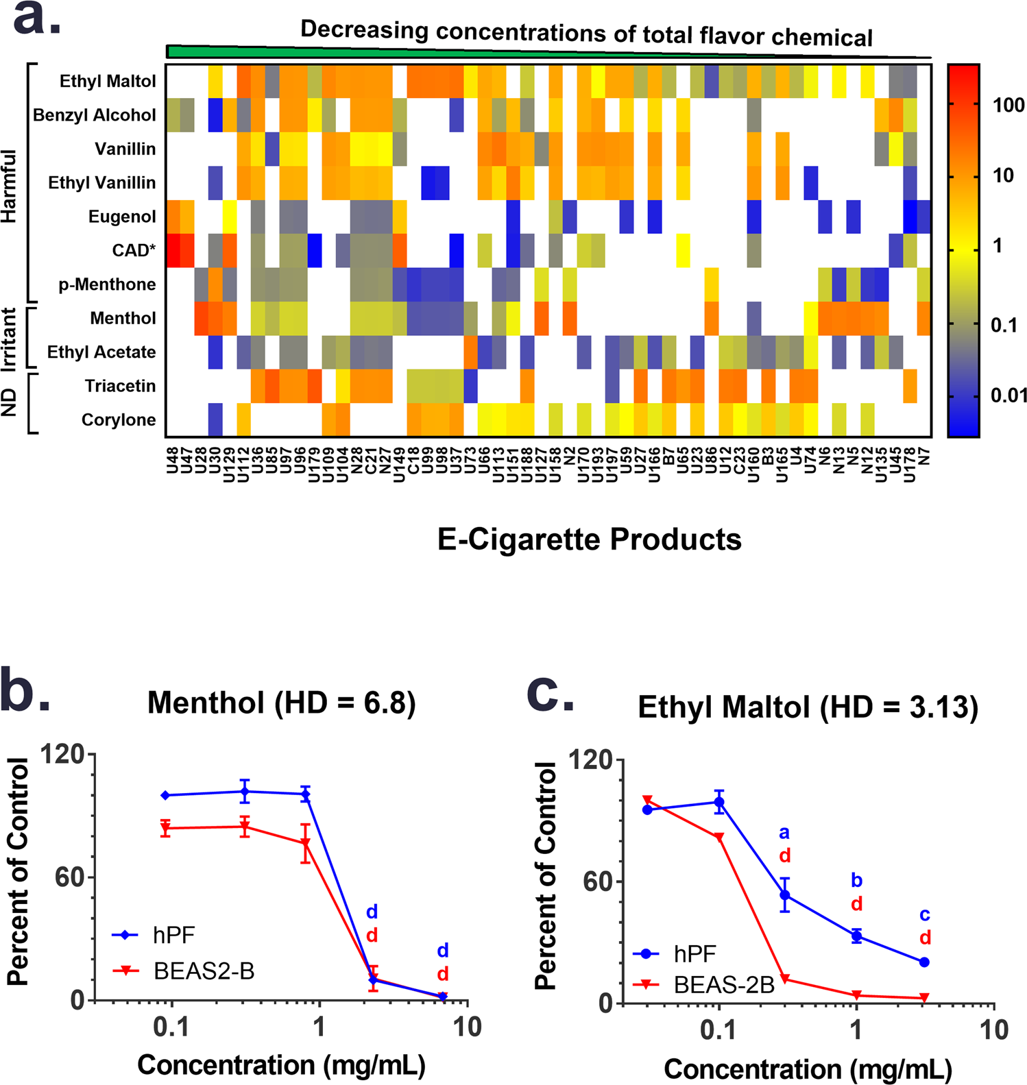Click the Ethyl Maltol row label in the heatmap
point(108,82)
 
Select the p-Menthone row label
point(107,284)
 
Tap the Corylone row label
point(119,419)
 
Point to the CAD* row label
point(134,251)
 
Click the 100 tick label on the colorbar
point(1008,106)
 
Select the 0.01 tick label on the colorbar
point(1007,395)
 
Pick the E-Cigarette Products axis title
point(589,539)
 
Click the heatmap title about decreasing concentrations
point(586,33)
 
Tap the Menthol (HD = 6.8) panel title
point(281,703)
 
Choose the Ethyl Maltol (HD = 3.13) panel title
point(808,707)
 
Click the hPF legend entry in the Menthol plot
point(174,935)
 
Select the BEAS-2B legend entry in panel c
point(724,985)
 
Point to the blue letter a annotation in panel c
point(784,833)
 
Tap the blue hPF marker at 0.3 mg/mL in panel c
point(785,895)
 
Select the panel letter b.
point(24,692)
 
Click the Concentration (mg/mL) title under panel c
point(808,1069)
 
